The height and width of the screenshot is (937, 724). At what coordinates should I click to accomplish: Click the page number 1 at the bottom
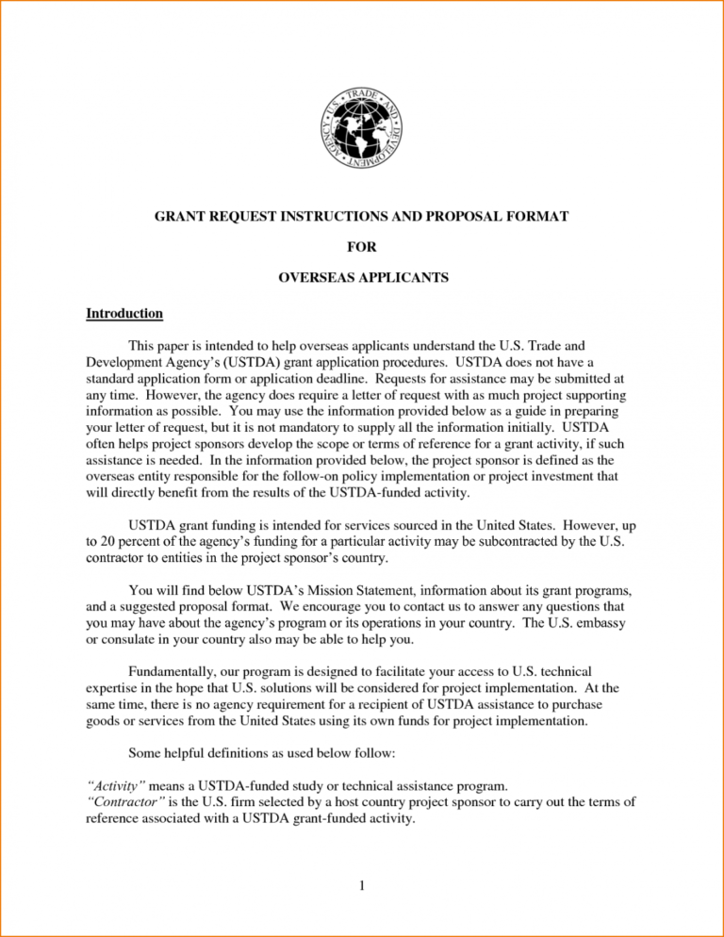[361, 885]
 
